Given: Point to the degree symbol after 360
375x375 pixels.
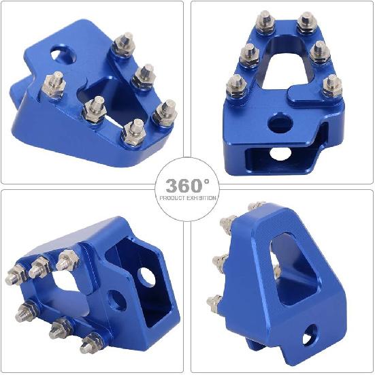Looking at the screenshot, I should coord(206,180).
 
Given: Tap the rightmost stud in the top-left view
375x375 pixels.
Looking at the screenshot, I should coord(167,108).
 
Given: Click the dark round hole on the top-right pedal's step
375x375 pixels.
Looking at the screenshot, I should coord(276,123).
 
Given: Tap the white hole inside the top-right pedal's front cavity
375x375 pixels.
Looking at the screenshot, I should coord(280,154).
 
